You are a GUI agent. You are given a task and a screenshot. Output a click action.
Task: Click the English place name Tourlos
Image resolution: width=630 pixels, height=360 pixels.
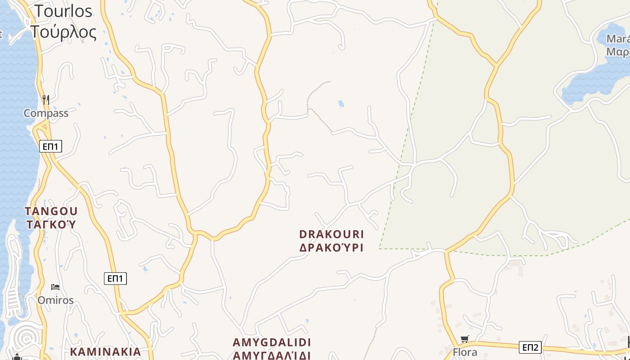pyautogui.click(x=63, y=11)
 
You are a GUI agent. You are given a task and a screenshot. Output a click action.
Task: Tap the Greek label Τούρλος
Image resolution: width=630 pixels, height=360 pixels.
pyautogui.click(x=63, y=32)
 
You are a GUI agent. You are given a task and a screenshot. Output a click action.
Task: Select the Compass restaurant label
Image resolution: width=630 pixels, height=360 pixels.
pyautogui.click(x=46, y=113)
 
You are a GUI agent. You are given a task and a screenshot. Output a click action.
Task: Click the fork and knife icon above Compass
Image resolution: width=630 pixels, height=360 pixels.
pyautogui.click(x=46, y=99)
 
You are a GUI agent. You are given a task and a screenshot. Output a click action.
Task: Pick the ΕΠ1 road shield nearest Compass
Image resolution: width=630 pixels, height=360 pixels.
pyautogui.click(x=50, y=146)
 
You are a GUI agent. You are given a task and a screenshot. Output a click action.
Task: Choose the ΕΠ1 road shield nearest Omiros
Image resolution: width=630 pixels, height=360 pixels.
pyautogui.click(x=115, y=279)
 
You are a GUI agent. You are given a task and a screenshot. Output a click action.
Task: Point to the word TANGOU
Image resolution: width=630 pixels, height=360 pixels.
pyautogui.click(x=51, y=211)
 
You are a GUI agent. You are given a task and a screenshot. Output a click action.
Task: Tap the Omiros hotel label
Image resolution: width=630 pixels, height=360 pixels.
pyautogui.click(x=55, y=300)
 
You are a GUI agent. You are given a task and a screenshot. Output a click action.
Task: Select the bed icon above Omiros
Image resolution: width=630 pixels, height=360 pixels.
pyautogui.click(x=55, y=287)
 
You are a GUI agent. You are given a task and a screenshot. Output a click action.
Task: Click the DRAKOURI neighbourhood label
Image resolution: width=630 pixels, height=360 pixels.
pyautogui.click(x=332, y=234)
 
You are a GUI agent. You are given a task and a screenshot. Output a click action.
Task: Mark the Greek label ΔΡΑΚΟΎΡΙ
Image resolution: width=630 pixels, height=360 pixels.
pyautogui.click(x=332, y=247)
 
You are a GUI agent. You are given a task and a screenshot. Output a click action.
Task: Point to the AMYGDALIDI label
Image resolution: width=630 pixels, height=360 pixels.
pyautogui.click(x=272, y=342)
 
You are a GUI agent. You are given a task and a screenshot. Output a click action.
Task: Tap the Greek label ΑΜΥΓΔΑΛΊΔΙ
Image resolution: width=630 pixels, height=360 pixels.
pyautogui.click(x=272, y=355)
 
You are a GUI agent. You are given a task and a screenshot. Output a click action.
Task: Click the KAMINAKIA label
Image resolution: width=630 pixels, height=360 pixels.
pyautogui.click(x=106, y=351)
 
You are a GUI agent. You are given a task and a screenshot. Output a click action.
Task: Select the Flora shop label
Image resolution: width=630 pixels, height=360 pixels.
pyautogui.click(x=465, y=352)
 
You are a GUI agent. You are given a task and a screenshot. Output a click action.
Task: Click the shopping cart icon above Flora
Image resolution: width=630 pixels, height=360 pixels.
pyautogui.click(x=465, y=339)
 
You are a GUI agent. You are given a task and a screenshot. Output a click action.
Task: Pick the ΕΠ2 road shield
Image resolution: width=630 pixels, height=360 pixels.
pyautogui.click(x=530, y=347)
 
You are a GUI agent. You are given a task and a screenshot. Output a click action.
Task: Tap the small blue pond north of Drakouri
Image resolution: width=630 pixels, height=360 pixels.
pyautogui.click(x=341, y=104)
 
